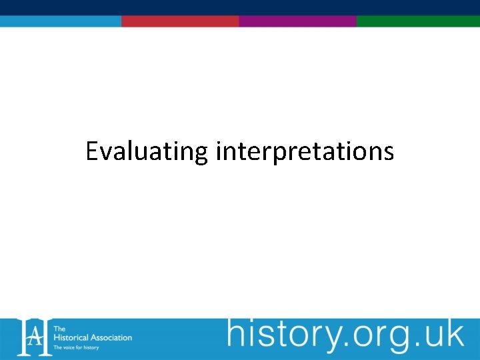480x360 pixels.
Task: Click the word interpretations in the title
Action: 305,152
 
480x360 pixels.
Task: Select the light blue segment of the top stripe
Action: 60,21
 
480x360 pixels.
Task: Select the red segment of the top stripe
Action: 180,21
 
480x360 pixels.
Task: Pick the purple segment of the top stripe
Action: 297,21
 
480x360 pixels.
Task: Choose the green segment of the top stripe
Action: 418,21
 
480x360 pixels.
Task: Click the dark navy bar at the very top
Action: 240,7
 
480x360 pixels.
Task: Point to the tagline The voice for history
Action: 76,347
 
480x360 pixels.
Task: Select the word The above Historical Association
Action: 59,329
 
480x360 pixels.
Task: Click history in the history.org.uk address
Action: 277,335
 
